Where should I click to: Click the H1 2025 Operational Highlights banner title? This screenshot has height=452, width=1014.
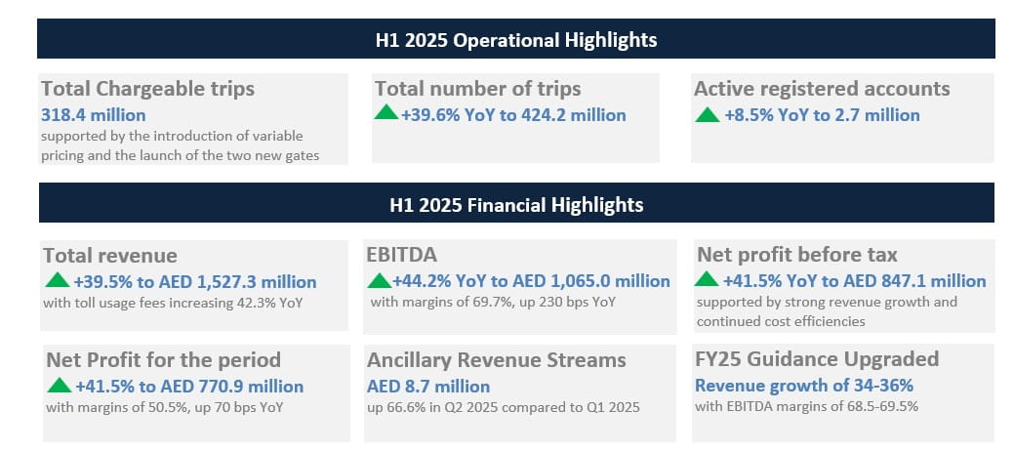pos(516,40)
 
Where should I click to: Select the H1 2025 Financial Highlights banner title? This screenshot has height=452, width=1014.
pos(516,205)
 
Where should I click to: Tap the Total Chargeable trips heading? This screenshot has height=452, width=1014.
pos(147,89)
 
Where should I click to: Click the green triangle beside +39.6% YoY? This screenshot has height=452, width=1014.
pos(386,113)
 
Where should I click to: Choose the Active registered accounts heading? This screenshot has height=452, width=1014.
pos(822,89)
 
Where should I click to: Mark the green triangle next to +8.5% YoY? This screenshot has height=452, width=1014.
pos(707,114)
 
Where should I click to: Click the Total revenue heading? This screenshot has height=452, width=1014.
pos(110,256)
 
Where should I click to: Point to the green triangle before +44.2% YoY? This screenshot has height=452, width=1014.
pos(379,280)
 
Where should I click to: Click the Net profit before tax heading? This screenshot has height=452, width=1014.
pos(797,256)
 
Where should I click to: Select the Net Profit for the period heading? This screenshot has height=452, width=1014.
pos(162,360)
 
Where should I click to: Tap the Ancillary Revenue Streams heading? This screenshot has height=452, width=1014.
pos(497,360)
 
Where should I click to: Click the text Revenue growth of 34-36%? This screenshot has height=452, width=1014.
pos(803,385)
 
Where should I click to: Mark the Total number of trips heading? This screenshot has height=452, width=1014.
pos(477,89)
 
